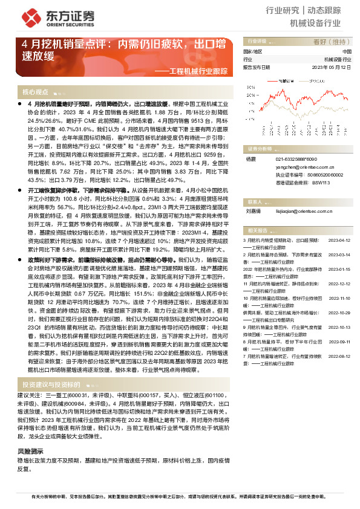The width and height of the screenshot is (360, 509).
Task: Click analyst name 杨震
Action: (x=250, y=158)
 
